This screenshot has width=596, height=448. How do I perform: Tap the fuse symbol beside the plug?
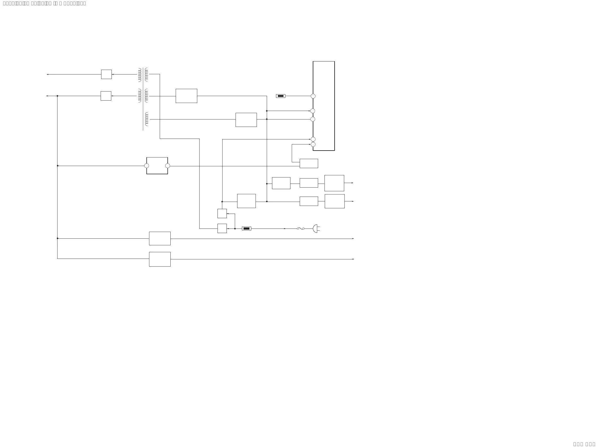[301, 229]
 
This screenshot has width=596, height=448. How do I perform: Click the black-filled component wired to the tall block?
[281, 96]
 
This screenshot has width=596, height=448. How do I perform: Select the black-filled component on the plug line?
[246, 229]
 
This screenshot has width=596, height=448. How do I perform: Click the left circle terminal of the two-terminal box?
[147, 166]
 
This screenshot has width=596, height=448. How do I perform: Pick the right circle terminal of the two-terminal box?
[168, 166]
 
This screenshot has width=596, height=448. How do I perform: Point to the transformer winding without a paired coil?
[147, 119]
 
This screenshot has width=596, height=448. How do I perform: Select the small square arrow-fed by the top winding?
[106, 74]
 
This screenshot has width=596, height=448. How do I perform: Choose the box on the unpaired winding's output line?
[246, 120]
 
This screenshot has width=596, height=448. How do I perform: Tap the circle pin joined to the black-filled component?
[313, 96]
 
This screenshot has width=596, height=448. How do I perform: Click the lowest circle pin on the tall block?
[313, 144]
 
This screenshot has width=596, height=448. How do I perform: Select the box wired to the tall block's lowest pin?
[309, 163]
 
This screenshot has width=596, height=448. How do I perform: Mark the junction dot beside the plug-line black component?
[235, 229]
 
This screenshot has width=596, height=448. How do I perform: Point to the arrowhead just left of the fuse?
[285, 229]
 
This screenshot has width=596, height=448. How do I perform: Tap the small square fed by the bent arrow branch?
[222, 214]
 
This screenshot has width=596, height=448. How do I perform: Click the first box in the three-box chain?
[281, 183]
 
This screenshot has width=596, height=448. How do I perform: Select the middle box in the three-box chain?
[309, 183]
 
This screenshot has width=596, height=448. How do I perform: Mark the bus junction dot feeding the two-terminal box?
[57, 166]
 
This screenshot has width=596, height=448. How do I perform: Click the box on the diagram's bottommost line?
[160, 259]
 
